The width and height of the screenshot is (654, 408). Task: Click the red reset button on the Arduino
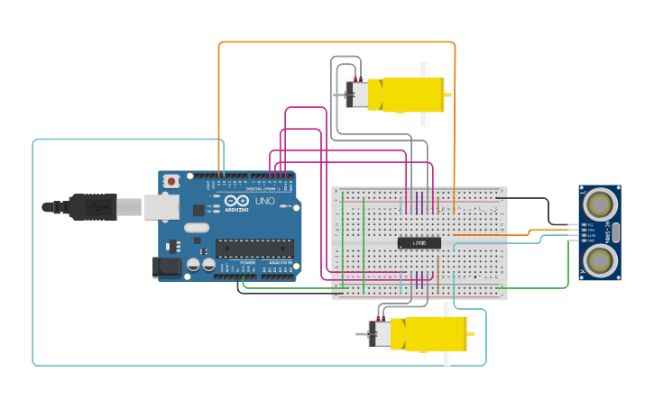point(170,181)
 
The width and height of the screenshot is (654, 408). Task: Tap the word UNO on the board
point(265,202)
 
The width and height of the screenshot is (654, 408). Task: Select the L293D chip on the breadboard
point(419,242)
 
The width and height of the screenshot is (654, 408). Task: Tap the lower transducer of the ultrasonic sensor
point(599,259)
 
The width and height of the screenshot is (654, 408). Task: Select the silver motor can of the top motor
point(358,95)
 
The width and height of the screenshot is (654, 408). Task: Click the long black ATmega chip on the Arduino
point(253,249)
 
